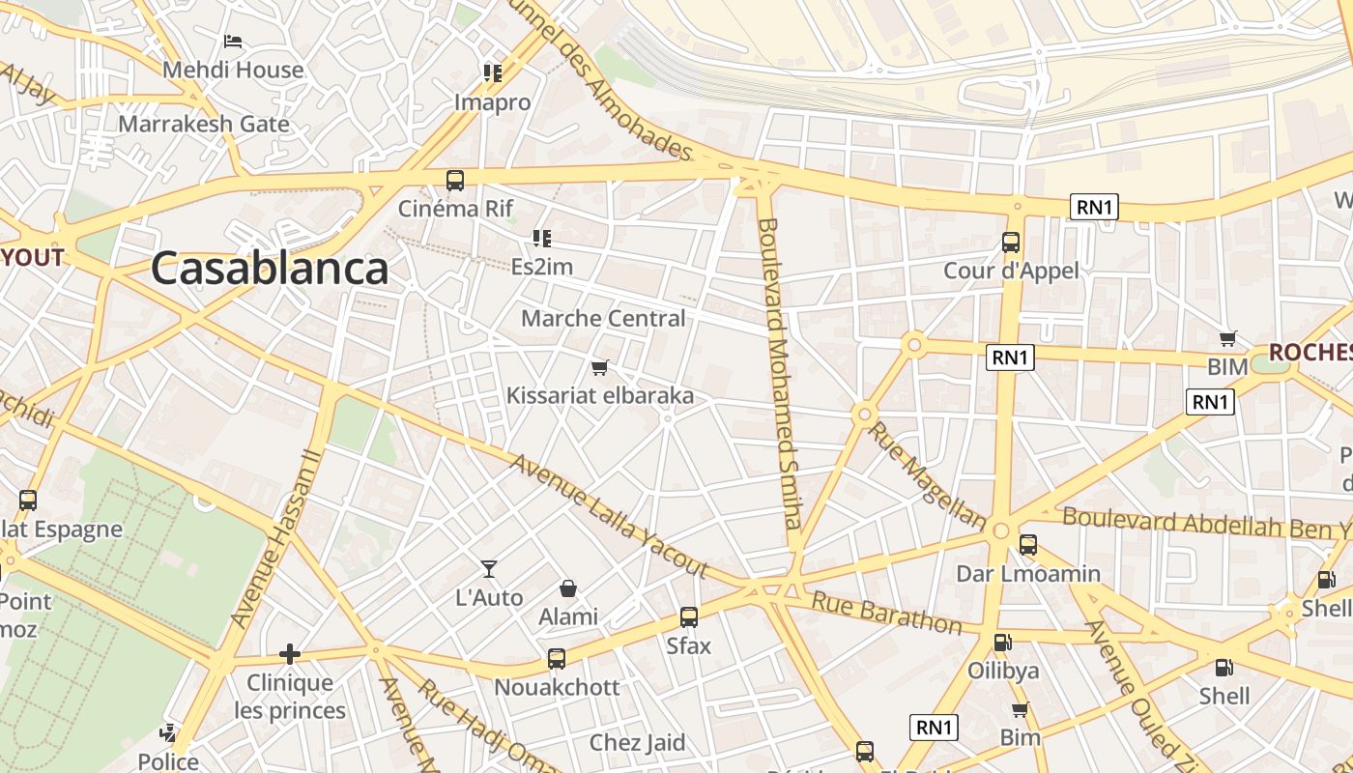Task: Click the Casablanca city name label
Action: [270, 269]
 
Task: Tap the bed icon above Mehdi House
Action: [233, 42]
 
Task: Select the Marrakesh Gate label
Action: [204, 124]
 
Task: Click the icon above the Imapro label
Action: [493, 73]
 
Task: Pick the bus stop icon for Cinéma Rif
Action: [455, 180]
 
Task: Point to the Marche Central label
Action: [603, 318]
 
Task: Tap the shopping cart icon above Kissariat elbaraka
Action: [600, 367]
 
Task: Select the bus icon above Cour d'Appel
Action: [1011, 243]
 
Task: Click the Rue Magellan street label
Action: [927, 474]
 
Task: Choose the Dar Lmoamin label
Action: [1028, 573]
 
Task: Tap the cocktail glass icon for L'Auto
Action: [489, 569]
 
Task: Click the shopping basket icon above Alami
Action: [568, 588]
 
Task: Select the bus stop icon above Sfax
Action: [689, 616]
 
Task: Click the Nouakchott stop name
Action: [557, 687]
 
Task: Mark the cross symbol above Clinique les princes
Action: [290, 654]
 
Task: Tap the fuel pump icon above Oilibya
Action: [1002, 643]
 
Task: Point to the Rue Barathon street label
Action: [886, 613]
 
